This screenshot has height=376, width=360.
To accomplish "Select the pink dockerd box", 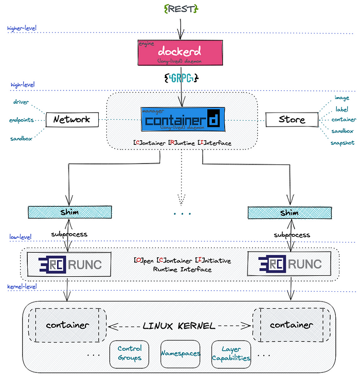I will [x=179, y=52].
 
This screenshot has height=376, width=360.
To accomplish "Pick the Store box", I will [x=292, y=120].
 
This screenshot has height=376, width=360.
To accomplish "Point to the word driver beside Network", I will [x=21, y=102].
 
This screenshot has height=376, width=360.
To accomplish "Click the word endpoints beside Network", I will [x=21, y=120].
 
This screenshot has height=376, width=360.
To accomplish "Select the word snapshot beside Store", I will [x=341, y=142].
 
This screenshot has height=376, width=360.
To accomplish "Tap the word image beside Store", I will [x=341, y=97].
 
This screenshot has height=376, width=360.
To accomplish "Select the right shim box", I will [x=289, y=212].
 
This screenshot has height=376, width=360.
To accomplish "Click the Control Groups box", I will [x=129, y=353].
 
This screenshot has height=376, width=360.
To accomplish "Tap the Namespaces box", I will [x=180, y=353].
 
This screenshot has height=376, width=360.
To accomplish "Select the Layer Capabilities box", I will [x=231, y=353].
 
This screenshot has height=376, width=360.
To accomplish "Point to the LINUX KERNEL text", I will [x=179, y=325].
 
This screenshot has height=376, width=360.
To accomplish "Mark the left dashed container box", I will [x=67, y=325].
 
